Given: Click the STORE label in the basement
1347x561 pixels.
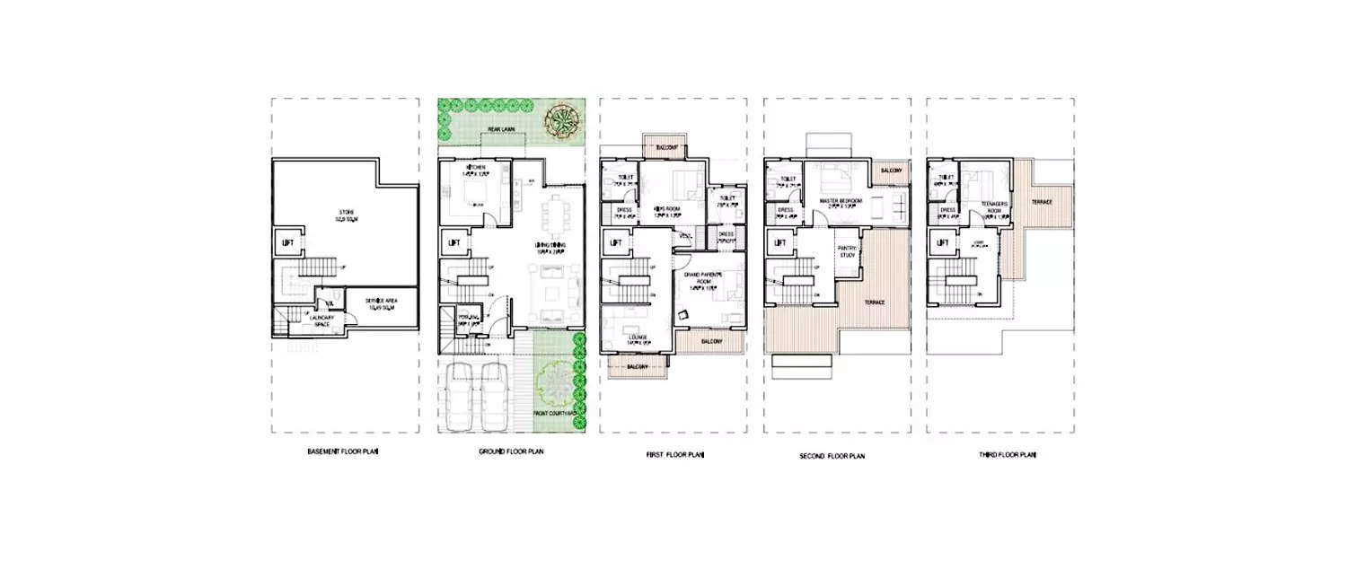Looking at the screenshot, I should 346,213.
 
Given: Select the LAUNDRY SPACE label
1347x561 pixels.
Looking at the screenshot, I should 321,320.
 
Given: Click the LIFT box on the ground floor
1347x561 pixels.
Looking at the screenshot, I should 453,242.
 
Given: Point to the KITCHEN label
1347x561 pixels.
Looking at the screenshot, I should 475,169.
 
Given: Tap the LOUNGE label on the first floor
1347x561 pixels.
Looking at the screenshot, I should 638,338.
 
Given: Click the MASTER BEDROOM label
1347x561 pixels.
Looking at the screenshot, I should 841,201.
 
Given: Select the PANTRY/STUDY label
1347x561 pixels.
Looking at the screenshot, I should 847,251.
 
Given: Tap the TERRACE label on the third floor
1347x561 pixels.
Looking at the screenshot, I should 1042,201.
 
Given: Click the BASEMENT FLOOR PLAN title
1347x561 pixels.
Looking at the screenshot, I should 342,453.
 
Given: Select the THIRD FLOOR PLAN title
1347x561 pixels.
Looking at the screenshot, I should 1008,455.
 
